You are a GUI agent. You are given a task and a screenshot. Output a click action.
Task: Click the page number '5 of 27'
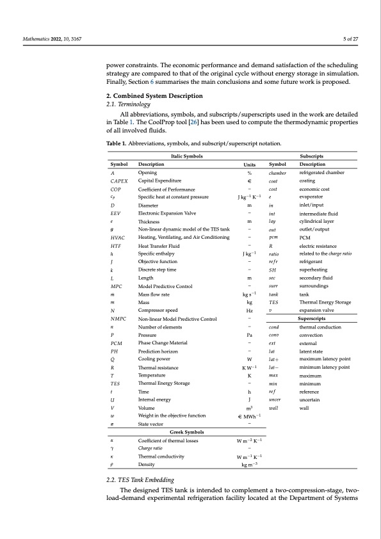348,40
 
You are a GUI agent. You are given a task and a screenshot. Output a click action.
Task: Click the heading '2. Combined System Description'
152,95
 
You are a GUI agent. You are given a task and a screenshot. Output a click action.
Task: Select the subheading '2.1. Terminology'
128,103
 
